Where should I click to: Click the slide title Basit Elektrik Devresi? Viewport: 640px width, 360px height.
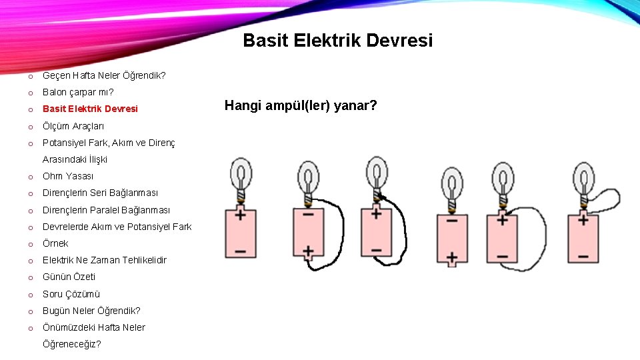pos(337,41)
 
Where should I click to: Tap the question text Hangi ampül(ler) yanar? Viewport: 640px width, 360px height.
pos(301,105)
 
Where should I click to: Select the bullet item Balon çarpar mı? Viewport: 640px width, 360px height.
pos(78,92)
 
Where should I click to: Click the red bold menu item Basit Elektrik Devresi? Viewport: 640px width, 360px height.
pos(90,109)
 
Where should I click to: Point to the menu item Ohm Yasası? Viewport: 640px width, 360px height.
pos(68,176)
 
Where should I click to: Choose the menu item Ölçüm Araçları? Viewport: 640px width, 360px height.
pos(73,126)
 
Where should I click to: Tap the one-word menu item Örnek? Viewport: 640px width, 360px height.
pos(55,243)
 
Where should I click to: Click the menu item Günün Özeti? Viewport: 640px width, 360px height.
pos(69,277)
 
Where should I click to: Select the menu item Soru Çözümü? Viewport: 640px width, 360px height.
pos(71,294)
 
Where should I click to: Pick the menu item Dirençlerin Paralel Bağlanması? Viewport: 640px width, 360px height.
pos(106,210)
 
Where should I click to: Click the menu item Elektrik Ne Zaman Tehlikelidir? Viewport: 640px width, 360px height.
pos(104,260)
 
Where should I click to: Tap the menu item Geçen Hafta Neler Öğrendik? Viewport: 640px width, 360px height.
pos(104,75)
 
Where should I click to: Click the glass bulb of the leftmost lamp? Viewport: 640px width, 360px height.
pos(240,174)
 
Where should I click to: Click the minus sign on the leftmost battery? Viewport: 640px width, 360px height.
pos(240,253)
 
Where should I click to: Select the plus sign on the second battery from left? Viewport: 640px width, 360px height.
pos(308,252)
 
